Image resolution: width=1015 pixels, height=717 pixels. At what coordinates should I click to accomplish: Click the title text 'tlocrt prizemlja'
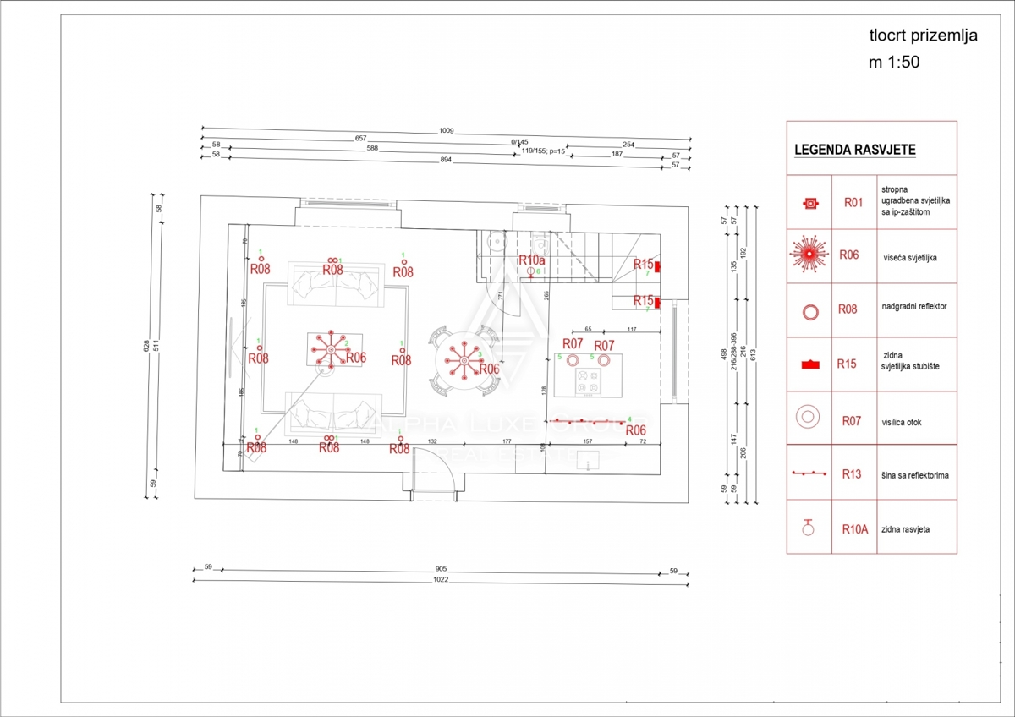click(924, 36)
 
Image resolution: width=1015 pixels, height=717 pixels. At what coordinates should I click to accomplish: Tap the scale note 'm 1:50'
click(893, 62)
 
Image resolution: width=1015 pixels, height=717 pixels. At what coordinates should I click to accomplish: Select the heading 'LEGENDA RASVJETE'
click(854, 150)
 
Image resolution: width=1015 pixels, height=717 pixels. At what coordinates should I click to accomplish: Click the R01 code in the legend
click(853, 203)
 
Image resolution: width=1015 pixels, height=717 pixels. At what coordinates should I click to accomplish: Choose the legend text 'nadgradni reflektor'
click(913, 306)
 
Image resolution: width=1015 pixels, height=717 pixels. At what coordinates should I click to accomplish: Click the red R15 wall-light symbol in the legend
click(810, 364)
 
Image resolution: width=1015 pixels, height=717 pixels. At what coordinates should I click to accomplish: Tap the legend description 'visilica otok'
click(907, 419)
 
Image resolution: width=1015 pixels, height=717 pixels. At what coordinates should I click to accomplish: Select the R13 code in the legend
click(852, 474)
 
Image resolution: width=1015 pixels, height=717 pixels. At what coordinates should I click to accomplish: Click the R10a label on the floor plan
click(531, 260)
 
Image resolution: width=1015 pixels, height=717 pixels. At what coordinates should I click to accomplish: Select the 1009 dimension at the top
click(446, 131)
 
